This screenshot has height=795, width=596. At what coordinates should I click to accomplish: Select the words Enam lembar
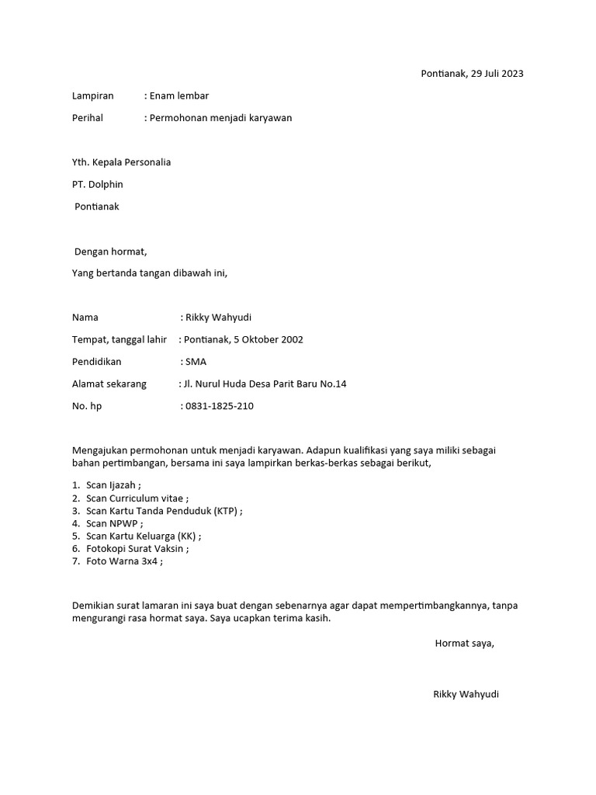coord(179,96)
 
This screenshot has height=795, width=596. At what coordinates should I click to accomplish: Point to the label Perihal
coord(88,118)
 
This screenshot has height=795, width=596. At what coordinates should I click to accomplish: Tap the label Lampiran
coord(92,96)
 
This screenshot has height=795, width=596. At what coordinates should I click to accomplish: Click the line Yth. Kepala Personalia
coord(121,162)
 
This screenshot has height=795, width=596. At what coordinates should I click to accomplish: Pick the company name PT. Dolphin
coord(97,185)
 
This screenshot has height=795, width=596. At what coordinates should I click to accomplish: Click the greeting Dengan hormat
coord(110,252)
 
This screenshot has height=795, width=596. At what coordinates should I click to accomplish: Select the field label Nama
coord(85,318)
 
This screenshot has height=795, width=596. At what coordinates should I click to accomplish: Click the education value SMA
coord(196,362)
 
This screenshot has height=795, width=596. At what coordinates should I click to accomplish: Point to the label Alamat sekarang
coord(109,384)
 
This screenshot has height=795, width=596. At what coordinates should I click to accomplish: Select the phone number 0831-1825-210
coord(220,406)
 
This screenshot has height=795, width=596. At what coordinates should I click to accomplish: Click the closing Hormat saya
coord(464,643)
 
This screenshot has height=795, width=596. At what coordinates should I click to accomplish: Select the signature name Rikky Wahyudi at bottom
coord(466,694)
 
